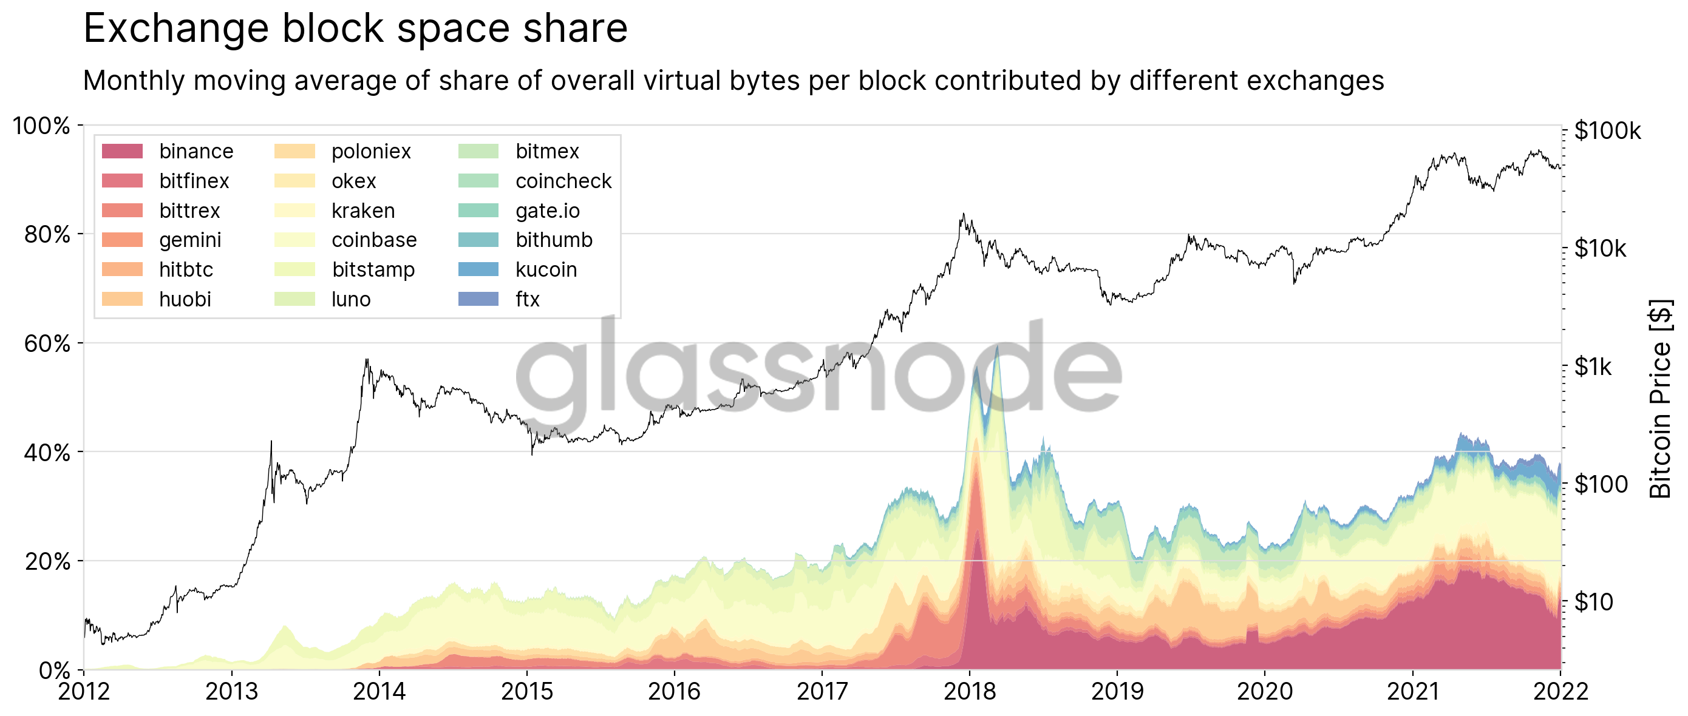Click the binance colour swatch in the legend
point(122,151)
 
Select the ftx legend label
point(527,299)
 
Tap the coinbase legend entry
point(373,240)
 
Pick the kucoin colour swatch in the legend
point(478,269)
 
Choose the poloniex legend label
point(371,151)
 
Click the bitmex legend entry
point(546,151)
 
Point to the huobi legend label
point(185,299)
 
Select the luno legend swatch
point(294,299)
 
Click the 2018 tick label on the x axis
point(969,692)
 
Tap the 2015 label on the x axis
point(526,692)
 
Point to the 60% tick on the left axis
point(47,343)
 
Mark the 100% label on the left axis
point(41,126)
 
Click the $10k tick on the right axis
point(1600,249)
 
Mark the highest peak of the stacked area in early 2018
point(996,346)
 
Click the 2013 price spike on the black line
point(271,443)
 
